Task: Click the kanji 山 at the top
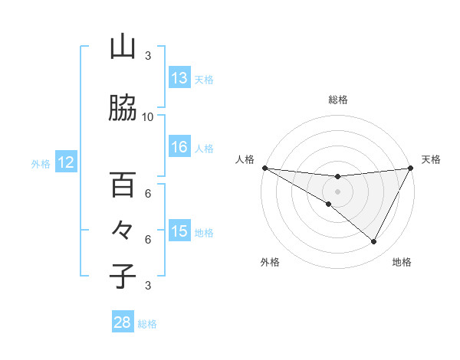coord(123,48)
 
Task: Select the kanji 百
coord(123,185)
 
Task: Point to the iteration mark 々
coord(123,231)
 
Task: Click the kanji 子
coord(123,275)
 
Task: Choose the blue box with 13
coord(179,78)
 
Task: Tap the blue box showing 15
coord(179,231)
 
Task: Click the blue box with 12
coord(66,162)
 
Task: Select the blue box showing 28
coord(123,322)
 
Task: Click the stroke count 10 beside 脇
coord(148,117)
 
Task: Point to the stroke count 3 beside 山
coord(148,56)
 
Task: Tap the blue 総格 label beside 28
coord(147,324)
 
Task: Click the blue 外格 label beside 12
coord(41,163)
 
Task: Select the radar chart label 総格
coord(337,100)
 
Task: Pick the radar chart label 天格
coord(431,159)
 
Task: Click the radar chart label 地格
coord(401,262)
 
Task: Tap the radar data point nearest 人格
coord(264,168)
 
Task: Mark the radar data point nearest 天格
coord(410,168)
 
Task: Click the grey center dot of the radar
coord(337,191)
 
